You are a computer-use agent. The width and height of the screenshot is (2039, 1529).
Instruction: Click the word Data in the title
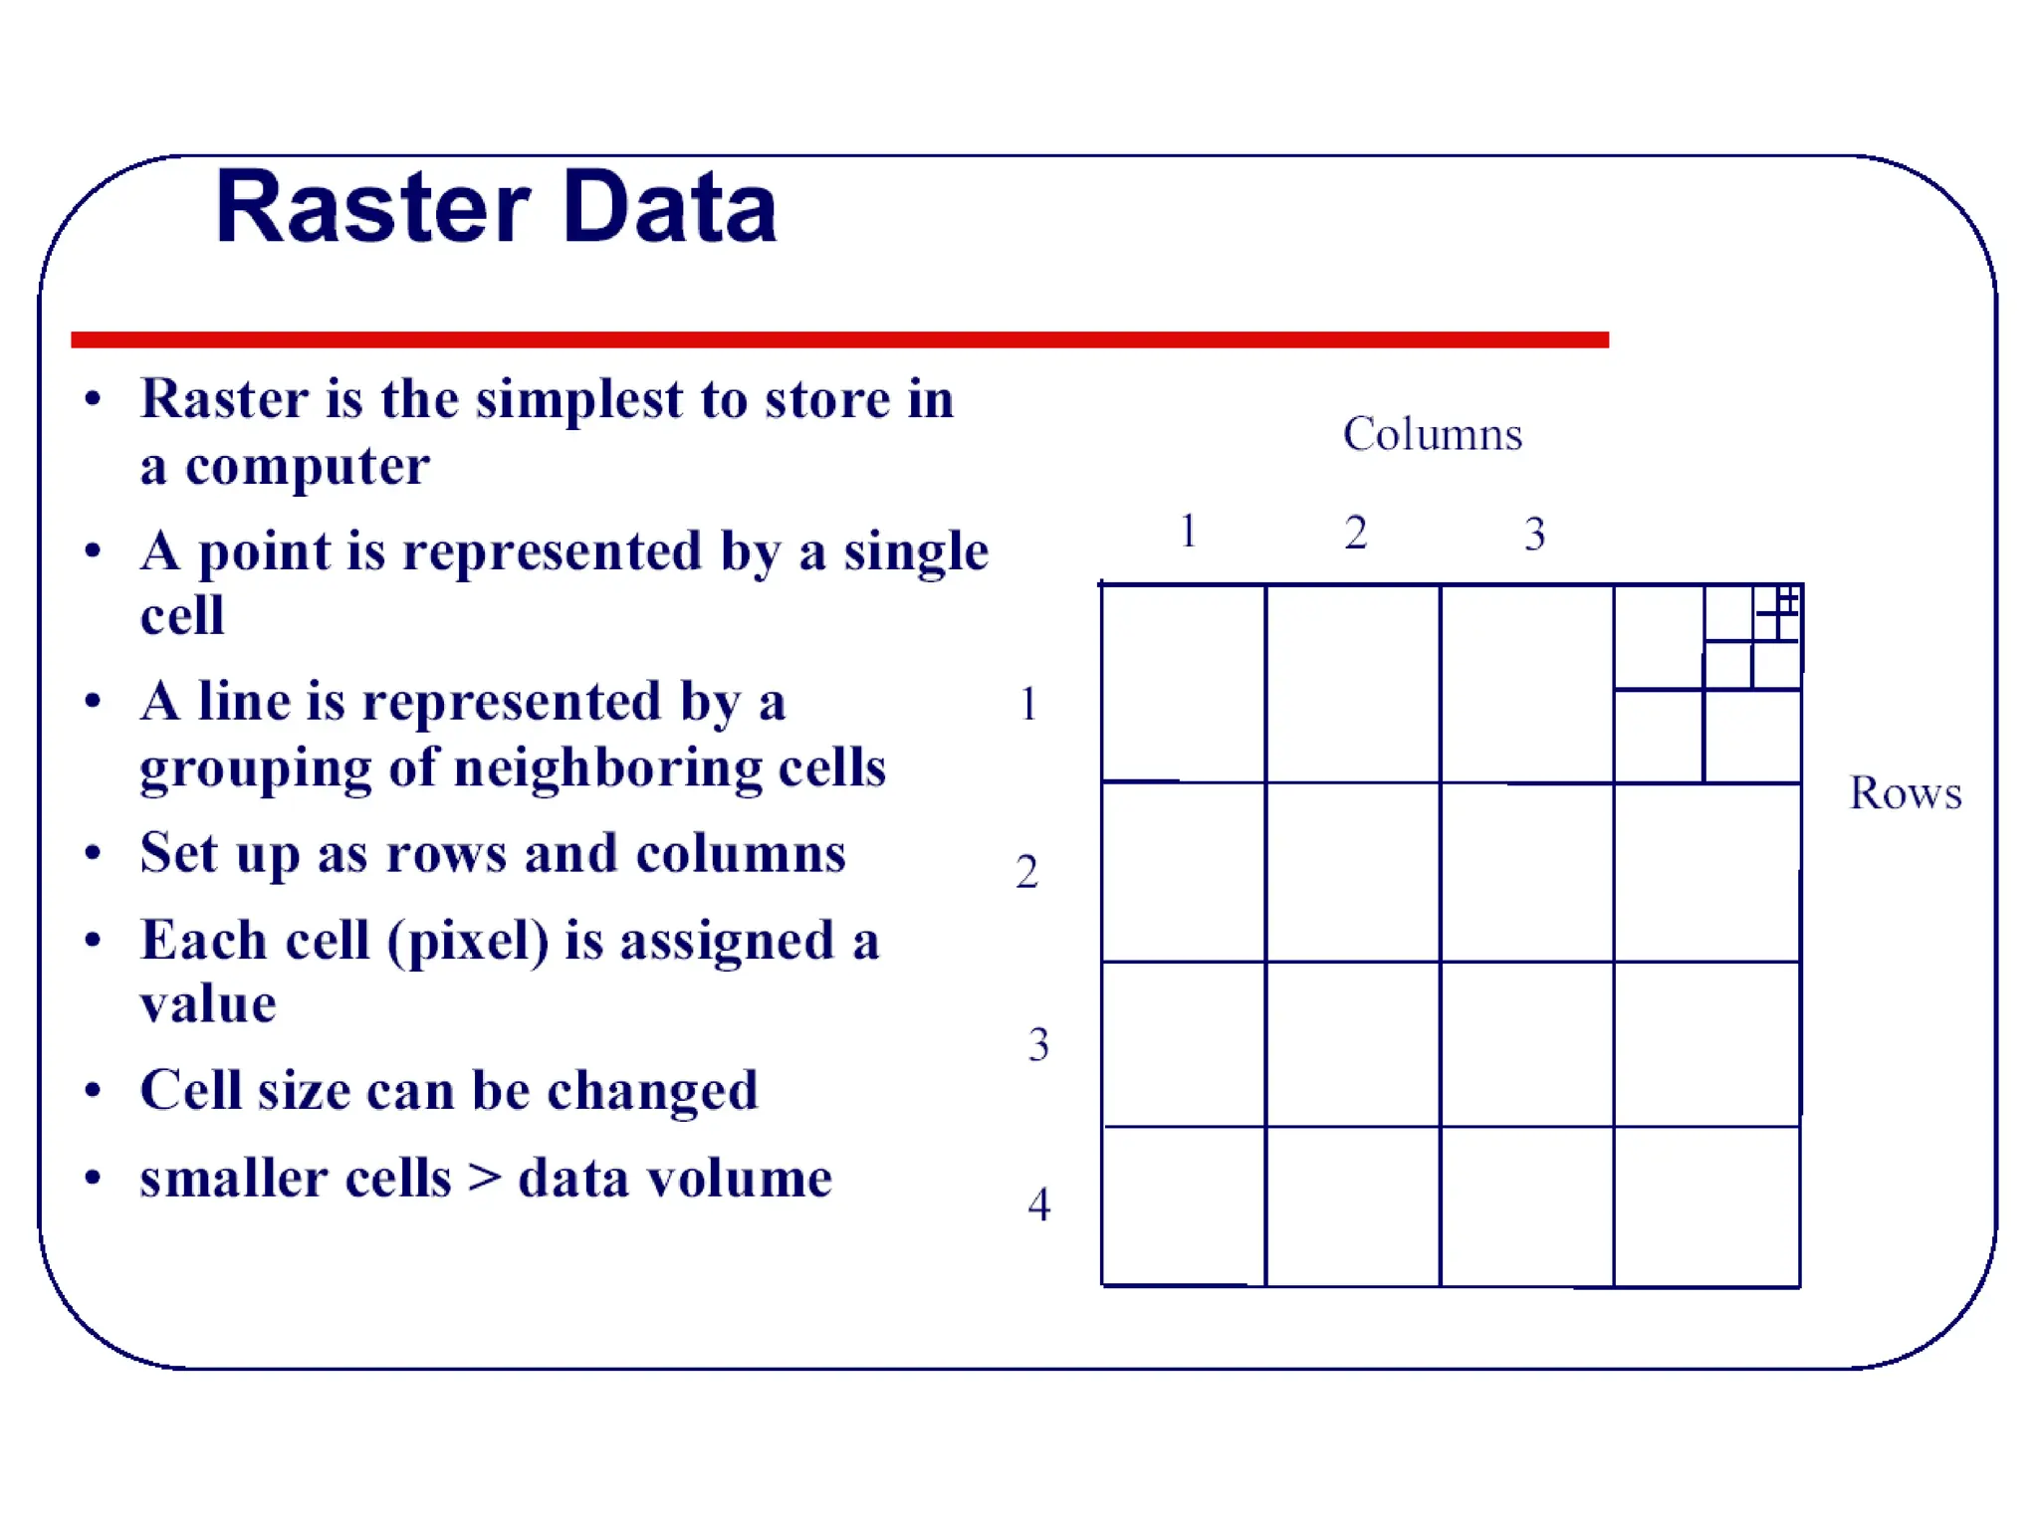[x=669, y=208]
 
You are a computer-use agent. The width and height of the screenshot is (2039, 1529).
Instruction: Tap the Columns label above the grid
[x=1432, y=434]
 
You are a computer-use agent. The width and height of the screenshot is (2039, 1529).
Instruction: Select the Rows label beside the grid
[x=1905, y=793]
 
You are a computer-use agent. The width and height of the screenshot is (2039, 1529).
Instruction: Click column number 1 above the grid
[x=1188, y=531]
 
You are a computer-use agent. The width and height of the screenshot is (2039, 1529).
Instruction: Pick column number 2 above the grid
[x=1355, y=533]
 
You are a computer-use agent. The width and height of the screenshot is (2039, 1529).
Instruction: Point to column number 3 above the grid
[x=1534, y=535]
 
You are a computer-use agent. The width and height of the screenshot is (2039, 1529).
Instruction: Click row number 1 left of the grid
[x=1028, y=704]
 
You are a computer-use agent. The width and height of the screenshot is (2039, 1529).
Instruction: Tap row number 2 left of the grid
[x=1026, y=872]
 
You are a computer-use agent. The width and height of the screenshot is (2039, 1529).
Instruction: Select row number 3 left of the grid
[x=1038, y=1045]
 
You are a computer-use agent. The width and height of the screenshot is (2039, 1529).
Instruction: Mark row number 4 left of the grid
[x=1038, y=1204]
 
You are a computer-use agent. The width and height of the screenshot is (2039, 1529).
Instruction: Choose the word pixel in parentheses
[x=468, y=941]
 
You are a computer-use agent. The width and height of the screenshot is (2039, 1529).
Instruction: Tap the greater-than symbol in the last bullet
[x=485, y=1178]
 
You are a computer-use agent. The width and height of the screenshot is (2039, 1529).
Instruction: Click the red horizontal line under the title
[x=839, y=339]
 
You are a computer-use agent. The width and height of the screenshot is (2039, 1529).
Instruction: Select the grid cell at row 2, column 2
[x=1352, y=872]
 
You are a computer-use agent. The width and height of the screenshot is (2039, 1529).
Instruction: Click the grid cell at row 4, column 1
[x=1184, y=1205]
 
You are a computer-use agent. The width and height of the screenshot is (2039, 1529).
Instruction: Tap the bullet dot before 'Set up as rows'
[x=94, y=853]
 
